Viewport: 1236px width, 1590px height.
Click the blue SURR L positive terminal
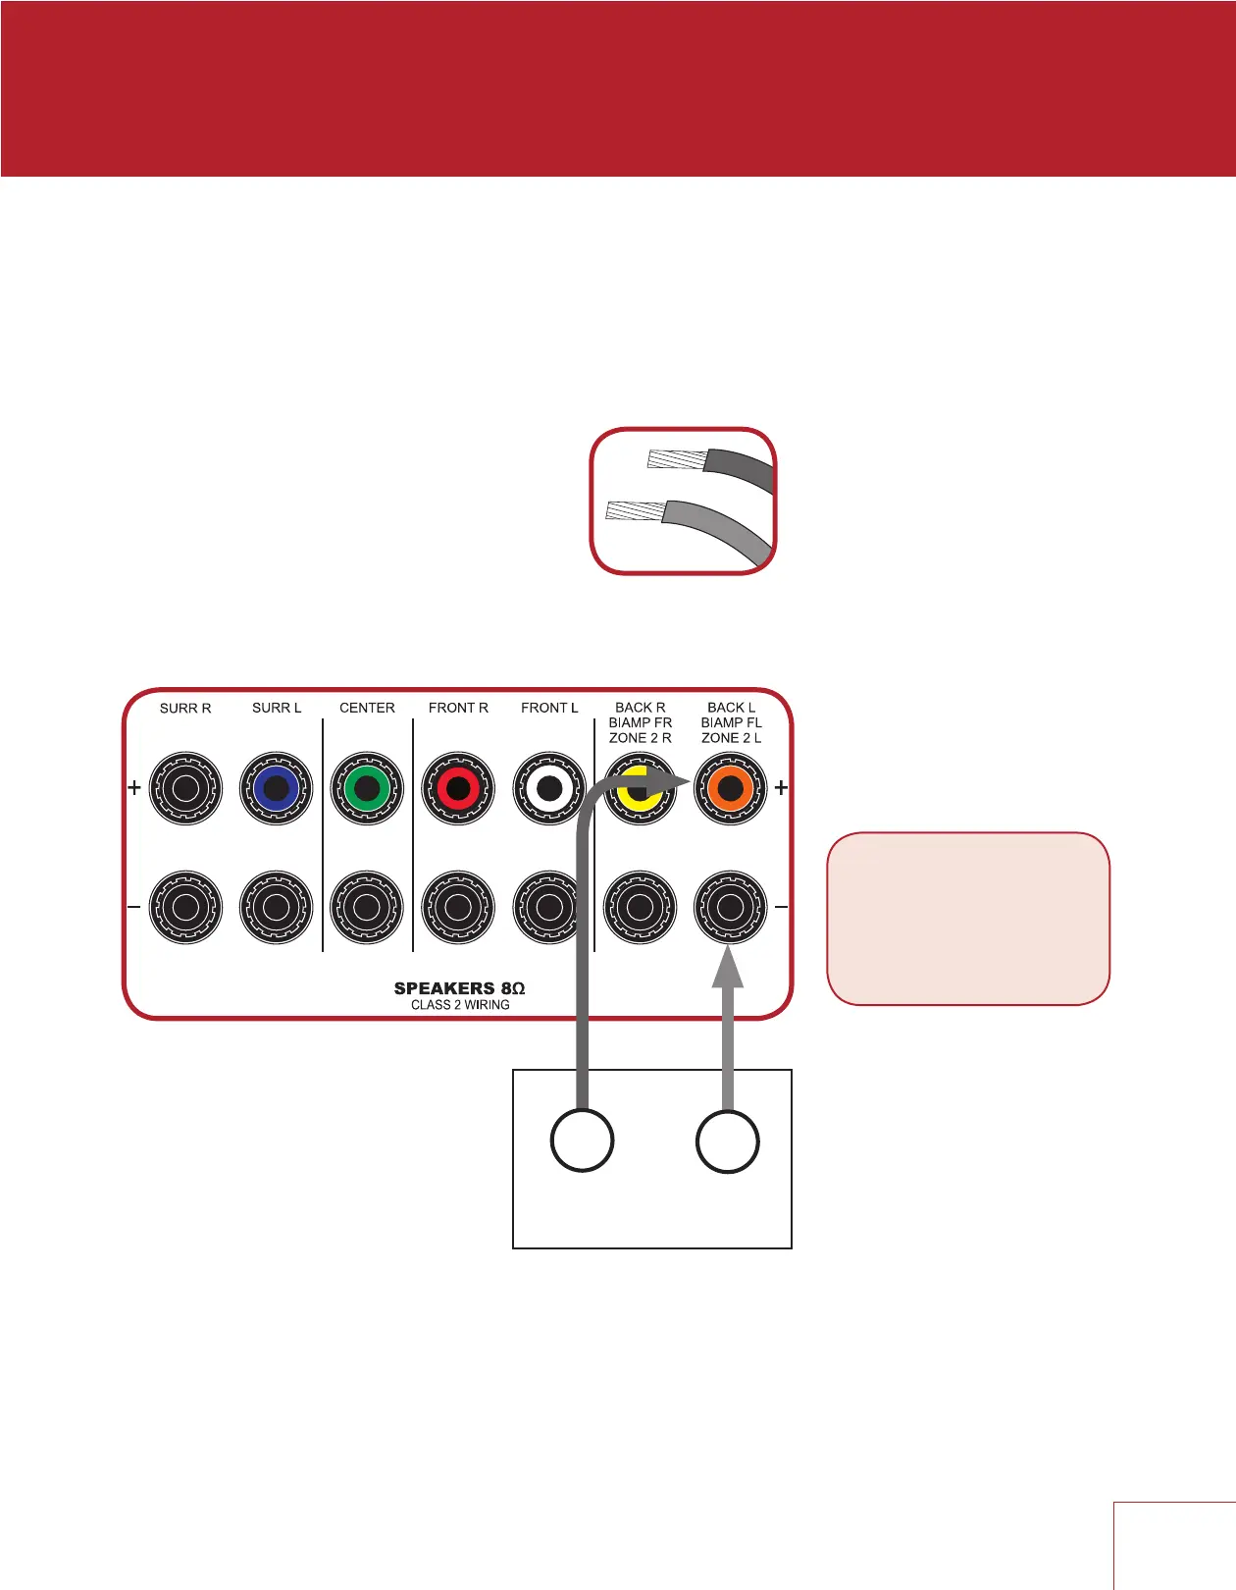[x=276, y=788]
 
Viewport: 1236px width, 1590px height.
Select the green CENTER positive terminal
[x=367, y=788]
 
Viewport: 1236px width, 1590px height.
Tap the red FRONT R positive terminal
[x=457, y=788]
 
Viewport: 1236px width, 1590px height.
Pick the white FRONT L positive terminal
[x=548, y=788]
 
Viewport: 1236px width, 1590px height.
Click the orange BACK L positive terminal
[x=730, y=788]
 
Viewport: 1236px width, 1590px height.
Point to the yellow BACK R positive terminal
[x=639, y=788]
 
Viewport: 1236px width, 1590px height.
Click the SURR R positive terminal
[x=185, y=788]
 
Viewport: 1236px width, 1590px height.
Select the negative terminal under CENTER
[x=367, y=907]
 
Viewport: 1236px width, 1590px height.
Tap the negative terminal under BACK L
[x=730, y=907]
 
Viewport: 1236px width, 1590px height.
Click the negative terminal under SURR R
[x=185, y=907]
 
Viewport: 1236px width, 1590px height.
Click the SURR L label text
[x=277, y=708]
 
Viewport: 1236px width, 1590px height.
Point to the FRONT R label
[x=458, y=708]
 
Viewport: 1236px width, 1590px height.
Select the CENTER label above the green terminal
[x=367, y=708]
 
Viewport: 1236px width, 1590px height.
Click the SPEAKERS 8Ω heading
[x=459, y=988]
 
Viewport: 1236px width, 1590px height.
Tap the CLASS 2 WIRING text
[x=460, y=1005]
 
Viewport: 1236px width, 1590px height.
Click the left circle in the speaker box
[x=583, y=1140]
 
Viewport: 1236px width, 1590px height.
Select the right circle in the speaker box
[x=727, y=1140]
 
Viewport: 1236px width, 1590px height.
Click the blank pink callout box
[x=968, y=919]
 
